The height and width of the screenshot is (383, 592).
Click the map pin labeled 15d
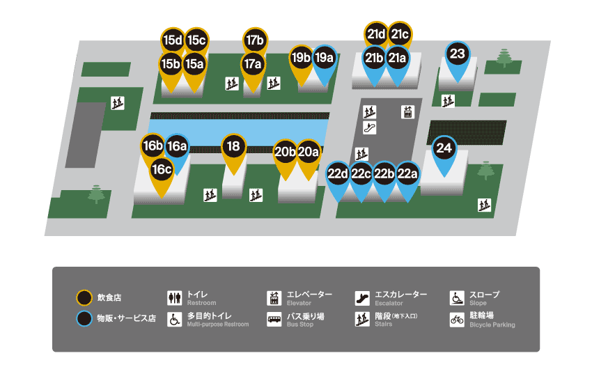coord(172,40)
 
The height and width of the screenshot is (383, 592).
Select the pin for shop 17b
coord(255,40)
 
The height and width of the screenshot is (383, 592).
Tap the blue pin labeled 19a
coord(324,58)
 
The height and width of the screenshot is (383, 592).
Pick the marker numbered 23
coord(457,54)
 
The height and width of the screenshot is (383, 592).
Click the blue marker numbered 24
coord(444,148)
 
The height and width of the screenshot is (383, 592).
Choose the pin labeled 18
coord(234,147)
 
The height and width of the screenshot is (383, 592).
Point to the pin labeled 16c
coord(162,169)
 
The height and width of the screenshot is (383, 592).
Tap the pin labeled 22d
coord(338,174)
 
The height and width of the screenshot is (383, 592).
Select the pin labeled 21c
coord(400,33)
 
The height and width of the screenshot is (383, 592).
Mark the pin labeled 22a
coord(407,174)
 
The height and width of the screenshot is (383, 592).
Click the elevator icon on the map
coord(407,111)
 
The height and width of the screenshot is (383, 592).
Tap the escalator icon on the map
coord(371,127)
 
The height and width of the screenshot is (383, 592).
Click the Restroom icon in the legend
coord(174,298)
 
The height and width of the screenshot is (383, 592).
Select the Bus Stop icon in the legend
coord(274,320)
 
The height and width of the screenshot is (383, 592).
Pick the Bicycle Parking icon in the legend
coord(457,320)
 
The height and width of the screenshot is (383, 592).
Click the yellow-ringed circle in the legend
coord(84,298)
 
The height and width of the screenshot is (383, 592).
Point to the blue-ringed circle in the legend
coord(84,319)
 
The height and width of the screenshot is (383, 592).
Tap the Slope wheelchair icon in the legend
coord(457,298)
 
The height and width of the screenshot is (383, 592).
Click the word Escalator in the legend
coord(389,304)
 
